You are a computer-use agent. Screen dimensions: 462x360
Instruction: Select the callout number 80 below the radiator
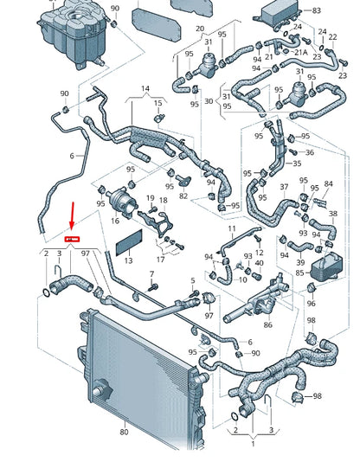pos(123,432)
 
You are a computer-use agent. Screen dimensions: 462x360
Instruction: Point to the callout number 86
pos(267,324)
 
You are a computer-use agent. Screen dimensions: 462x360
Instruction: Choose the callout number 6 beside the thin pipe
pos(72,156)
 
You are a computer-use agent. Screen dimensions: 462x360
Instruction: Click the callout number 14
pos(145,89)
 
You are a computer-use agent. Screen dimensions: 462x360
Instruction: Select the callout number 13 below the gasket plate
pos(127,260)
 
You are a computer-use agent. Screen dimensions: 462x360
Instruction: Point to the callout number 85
pos(299,273)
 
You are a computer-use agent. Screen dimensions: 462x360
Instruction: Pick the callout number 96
pos(312,304)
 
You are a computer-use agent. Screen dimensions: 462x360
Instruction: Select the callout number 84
pos(327,183)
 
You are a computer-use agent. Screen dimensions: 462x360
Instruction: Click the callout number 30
pos(209,100)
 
